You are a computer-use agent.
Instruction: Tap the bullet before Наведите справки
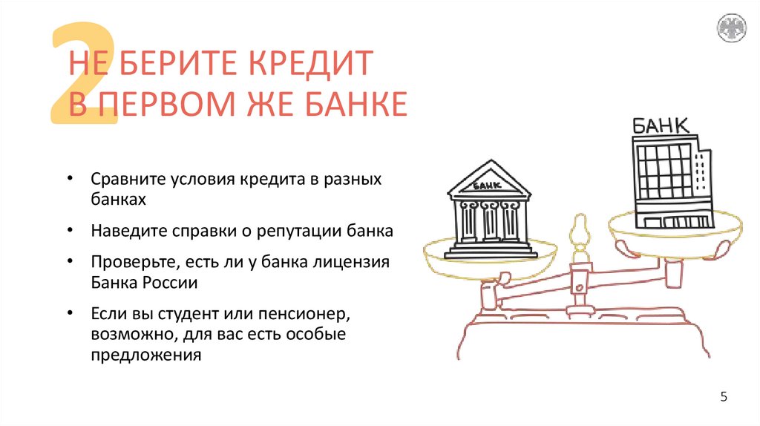69,230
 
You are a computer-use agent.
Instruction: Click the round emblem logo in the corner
731,28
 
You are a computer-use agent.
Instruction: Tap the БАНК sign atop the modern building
659,125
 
